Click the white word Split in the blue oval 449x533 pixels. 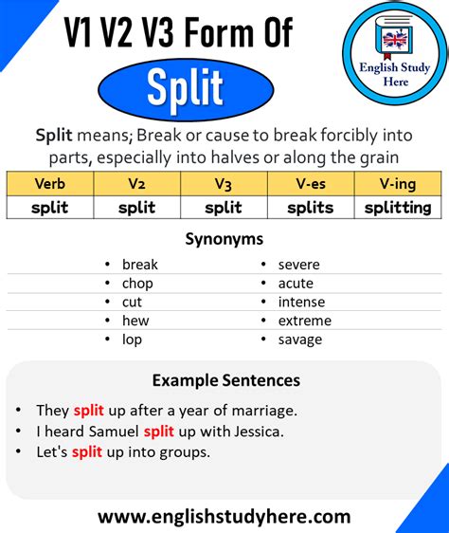pos(186,90)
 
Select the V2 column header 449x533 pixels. pos(136,183)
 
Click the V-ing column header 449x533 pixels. pos(397,183)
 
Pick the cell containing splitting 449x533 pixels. pos(397,207)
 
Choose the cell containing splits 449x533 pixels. pos(311,207)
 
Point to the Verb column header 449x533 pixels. pos(49,183)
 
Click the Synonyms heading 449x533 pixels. pos(224,239)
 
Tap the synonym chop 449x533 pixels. pos(137,283)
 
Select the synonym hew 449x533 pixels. pos(135,321)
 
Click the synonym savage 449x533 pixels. pos(299,340)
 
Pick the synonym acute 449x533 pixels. pos(296,283)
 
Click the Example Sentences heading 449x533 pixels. pos(225,380)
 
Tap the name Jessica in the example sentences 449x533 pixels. pos(255,432)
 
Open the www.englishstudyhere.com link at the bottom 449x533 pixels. pos(224,517)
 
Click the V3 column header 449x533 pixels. pos(224,183)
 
